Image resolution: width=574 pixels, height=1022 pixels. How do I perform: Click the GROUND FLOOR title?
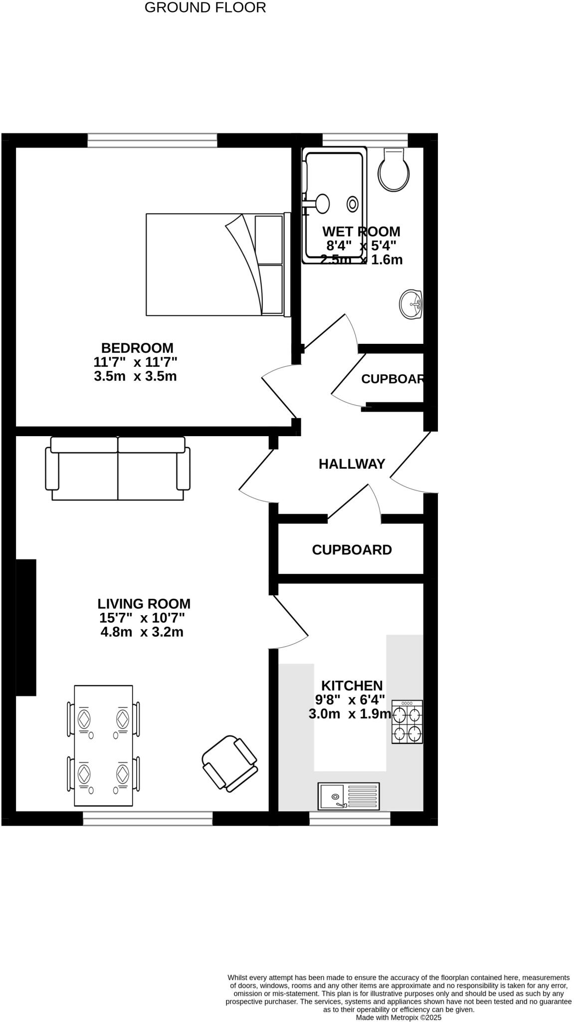point(205,7)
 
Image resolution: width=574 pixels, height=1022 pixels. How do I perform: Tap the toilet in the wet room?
point(394,170)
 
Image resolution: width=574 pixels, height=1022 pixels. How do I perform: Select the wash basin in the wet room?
point(411,303)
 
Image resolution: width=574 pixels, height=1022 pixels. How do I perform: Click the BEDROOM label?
point(137,348)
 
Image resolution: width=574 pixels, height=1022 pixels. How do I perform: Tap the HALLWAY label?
point(352,464)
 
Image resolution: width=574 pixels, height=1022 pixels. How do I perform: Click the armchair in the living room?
point(230,764)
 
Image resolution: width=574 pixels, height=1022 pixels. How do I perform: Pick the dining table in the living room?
point(104,746)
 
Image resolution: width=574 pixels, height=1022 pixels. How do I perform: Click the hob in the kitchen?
point(407,722)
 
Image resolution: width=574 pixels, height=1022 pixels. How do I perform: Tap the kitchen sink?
point(349,796)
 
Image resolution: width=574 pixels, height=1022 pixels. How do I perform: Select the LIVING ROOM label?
point(144,604)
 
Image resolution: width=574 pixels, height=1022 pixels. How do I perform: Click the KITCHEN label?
point(352,686)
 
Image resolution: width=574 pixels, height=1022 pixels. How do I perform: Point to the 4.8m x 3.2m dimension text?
point(142,632)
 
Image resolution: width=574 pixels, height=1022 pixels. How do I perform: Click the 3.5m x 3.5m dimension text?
point(135,376)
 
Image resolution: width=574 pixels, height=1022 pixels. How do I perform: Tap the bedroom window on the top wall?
point(152,140)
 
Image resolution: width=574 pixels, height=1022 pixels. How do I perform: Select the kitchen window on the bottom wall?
point(350,818)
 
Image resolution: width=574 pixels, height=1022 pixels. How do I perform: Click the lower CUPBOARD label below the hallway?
point(352,550)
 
